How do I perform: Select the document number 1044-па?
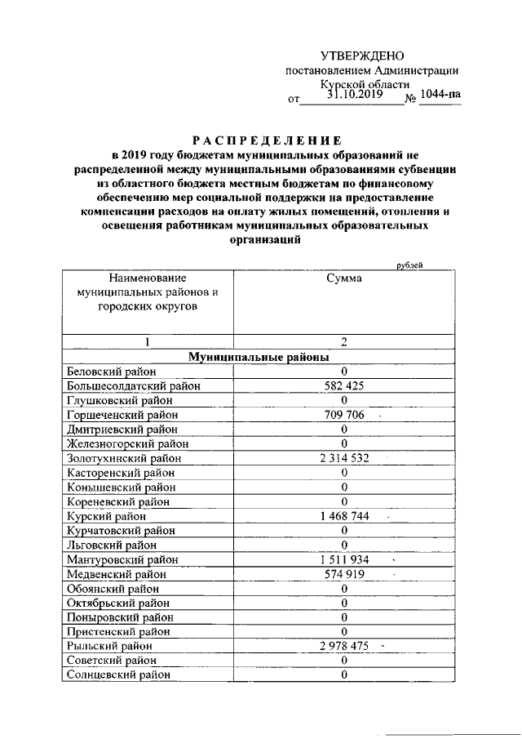[440, 94]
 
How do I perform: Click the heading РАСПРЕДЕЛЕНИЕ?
[260, 140]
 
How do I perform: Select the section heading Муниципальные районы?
[259, 358]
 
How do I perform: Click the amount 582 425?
[344, 385]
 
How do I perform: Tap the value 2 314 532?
[344, 458]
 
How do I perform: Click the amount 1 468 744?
[344, 516]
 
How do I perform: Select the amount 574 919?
[344, 574]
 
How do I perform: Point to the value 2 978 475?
[344, 646]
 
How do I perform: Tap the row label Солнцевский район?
[120, 674]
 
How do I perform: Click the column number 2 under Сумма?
[344, 342]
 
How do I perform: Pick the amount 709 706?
[344, 415]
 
